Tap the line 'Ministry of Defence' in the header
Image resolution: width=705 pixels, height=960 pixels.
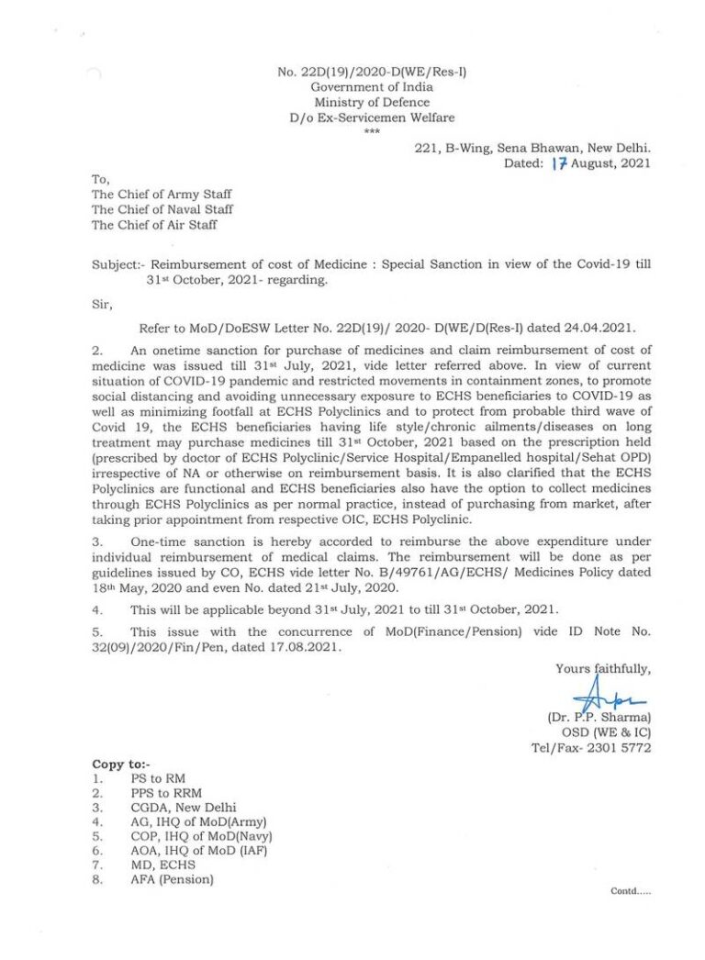point(371,103)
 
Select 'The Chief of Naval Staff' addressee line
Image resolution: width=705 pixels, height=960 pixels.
point(162,209)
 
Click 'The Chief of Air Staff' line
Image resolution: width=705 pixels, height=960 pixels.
point(154,224)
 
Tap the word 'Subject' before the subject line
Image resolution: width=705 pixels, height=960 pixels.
point(114,263)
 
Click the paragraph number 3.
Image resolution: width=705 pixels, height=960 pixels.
point(96,541)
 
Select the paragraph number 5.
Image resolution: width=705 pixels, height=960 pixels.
point(96,631)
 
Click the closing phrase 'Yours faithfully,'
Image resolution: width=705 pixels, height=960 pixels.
point(603,669)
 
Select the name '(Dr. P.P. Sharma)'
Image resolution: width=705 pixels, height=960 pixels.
point(605,717)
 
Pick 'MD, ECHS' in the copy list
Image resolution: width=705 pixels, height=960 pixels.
point(159,865)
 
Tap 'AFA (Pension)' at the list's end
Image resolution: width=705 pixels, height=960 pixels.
point(172,880)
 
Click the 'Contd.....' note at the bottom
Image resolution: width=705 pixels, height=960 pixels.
point(631,891)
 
